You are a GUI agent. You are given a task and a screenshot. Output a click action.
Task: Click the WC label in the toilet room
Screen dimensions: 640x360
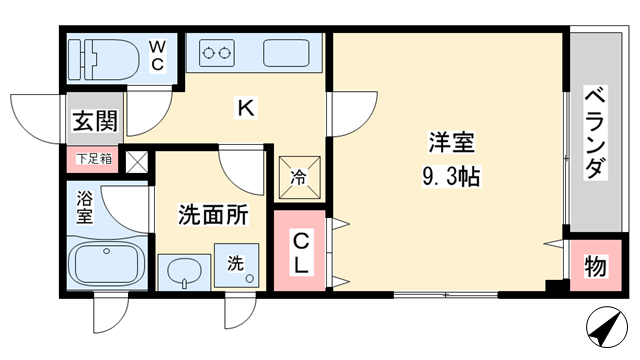157,55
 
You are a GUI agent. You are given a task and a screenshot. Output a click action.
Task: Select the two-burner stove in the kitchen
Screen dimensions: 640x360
217,53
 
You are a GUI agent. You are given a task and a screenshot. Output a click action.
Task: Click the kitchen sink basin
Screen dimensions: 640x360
286,53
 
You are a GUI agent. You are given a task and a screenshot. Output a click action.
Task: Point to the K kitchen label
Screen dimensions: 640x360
246,108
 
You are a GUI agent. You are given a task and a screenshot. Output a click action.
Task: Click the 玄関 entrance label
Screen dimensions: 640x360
95,121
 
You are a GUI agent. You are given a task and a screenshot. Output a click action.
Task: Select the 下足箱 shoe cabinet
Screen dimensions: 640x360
93,158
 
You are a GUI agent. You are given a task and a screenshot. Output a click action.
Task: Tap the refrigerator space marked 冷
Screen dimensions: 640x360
300,177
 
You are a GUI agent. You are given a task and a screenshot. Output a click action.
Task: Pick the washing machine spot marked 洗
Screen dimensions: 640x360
236,265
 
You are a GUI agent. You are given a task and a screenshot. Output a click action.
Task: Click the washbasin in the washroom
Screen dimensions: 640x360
185,272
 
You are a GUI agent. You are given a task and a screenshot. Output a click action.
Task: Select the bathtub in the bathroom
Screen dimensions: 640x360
107,263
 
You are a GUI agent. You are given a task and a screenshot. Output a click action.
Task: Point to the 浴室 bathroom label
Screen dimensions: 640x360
84,207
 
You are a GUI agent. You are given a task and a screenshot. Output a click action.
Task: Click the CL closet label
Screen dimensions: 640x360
301,253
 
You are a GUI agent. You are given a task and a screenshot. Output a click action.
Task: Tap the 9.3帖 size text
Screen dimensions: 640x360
451,177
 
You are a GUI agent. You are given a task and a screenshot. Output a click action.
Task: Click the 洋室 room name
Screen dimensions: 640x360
451,142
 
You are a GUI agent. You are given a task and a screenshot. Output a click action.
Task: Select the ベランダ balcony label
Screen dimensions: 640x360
595,133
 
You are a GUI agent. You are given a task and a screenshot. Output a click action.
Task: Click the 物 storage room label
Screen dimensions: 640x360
595,267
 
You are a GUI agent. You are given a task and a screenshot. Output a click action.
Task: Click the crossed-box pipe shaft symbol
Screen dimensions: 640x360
136,162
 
